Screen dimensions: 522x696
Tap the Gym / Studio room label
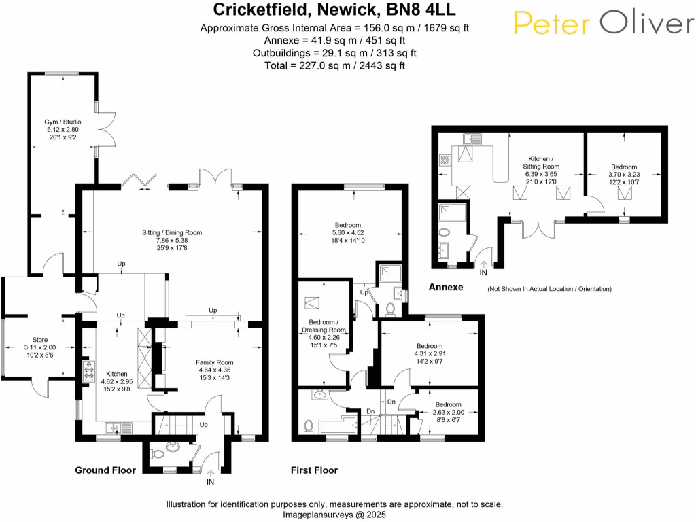(x=63, y=128)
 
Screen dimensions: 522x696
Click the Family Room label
(x=215, y=370)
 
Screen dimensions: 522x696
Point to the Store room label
(x=40, y=347)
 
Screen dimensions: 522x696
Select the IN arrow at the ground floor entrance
(x=211, y=473)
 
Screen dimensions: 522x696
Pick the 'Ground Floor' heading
(x=105, y=470)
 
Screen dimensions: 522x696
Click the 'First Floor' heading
(x=314, y=470)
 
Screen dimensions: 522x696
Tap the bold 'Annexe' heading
(x=446, y=288)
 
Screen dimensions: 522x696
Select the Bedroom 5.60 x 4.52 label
(x=348, y=232)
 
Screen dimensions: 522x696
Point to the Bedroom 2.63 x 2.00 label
(x=446, y=412)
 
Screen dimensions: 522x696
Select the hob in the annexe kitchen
(x=446, y=161)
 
